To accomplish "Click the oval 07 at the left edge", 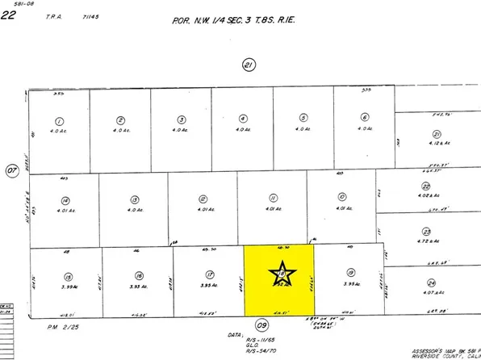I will (x=12, y=170).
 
